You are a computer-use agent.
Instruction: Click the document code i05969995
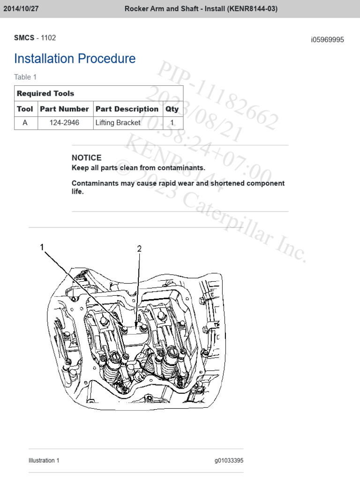click(x=327, y=40)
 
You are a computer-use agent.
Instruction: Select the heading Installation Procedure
click(x=75, y=59)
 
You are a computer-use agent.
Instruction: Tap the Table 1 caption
click(x=25, y=77)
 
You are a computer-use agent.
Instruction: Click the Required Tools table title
click(x=45, y=93)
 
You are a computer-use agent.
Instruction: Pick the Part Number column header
click(x=64, y=109)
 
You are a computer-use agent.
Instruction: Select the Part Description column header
click(x=127, y=109)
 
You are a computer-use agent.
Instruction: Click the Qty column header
click(x=172, y=109)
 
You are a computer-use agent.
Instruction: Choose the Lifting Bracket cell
click(x=118, y=123)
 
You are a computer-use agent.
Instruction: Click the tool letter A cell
click(x=25, y=123)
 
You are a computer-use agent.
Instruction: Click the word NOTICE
click(x=86, y=158)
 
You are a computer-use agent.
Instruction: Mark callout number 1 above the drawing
click(x=42, y=247)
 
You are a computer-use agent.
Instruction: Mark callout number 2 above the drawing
click(x=139, y=249)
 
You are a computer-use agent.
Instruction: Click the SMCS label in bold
click(x=24, y=37)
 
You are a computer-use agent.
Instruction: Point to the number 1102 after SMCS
click(x=49, y=37)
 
